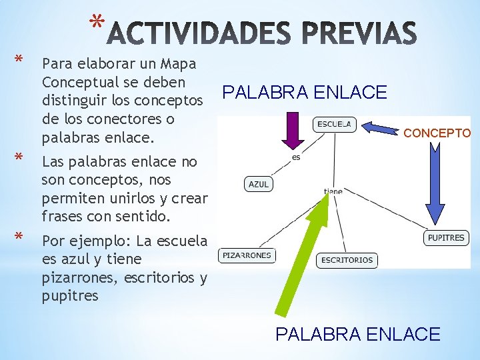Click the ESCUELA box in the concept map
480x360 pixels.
point(335,125)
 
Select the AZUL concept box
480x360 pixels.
point(259,184)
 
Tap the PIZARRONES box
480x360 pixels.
point(247,255)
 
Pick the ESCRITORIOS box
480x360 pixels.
point(347,259)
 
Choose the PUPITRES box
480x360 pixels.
point(446,237)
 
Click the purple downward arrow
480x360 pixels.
point(291,131)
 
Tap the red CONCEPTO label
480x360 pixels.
point(437,133)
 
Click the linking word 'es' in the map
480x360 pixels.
point(296,158)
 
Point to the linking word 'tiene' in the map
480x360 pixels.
point(333,191)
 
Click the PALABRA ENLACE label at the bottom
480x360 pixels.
point(358,334)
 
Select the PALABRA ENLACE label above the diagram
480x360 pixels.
point(305,93)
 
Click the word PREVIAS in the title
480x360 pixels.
point(360,35)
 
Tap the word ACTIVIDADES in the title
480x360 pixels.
point(198,35)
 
